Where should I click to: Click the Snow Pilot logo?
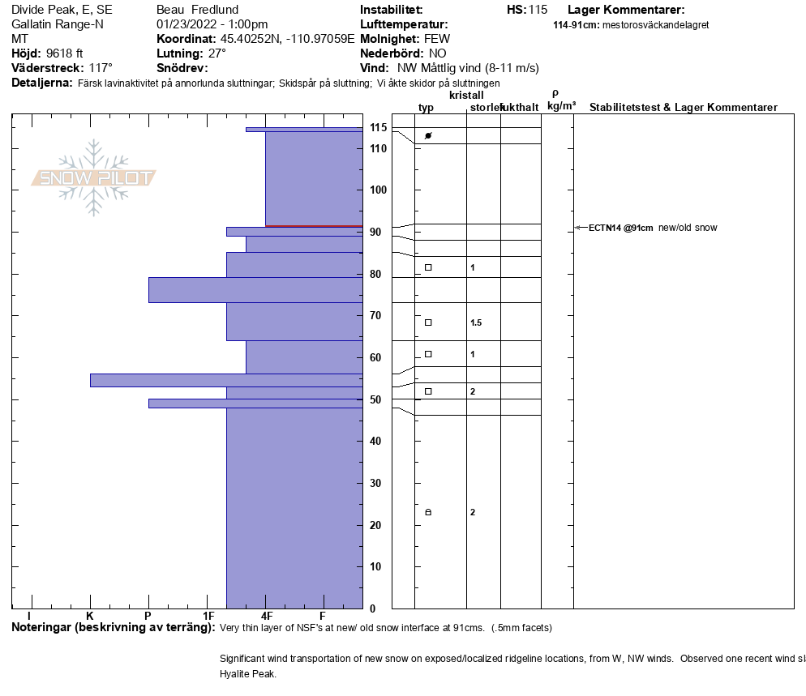pos(93,177)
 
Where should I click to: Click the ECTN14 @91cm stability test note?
pos(620,228)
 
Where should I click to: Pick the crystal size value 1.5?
pos(476,323)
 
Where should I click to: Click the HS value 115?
pos(538,10)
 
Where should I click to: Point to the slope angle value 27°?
pos(217,53)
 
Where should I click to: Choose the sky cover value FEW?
pos(437,39)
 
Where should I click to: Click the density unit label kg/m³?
pos(561,106)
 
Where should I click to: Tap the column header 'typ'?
pos(426,108)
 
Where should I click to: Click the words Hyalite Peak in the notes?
pos(248,673)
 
